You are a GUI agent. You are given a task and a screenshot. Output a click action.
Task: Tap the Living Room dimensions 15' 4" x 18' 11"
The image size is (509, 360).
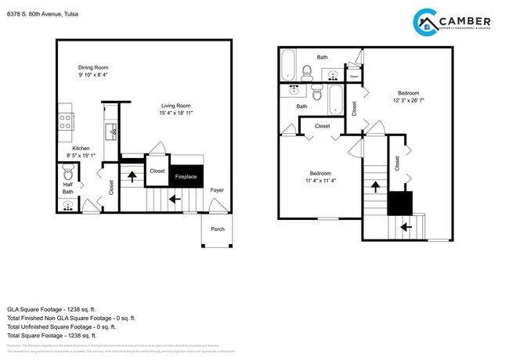click(165, 113)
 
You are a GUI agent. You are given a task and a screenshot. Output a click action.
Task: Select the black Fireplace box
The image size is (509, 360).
click(186, 176)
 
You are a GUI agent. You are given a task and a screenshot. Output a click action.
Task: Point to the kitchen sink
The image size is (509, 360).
click(111, 127)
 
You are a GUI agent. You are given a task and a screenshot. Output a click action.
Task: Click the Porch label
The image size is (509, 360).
click(217, 229)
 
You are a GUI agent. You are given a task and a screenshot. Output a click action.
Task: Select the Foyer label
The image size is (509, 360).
click(216, 189)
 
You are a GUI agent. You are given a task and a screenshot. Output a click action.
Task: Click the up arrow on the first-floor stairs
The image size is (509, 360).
click(132, 175)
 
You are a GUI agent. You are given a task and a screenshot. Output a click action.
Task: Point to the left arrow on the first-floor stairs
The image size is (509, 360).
click(172, 199)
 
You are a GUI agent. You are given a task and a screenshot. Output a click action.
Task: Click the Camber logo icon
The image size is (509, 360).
click(428, 23)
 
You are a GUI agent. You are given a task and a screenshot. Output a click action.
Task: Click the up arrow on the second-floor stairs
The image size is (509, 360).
click(375, 187)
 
